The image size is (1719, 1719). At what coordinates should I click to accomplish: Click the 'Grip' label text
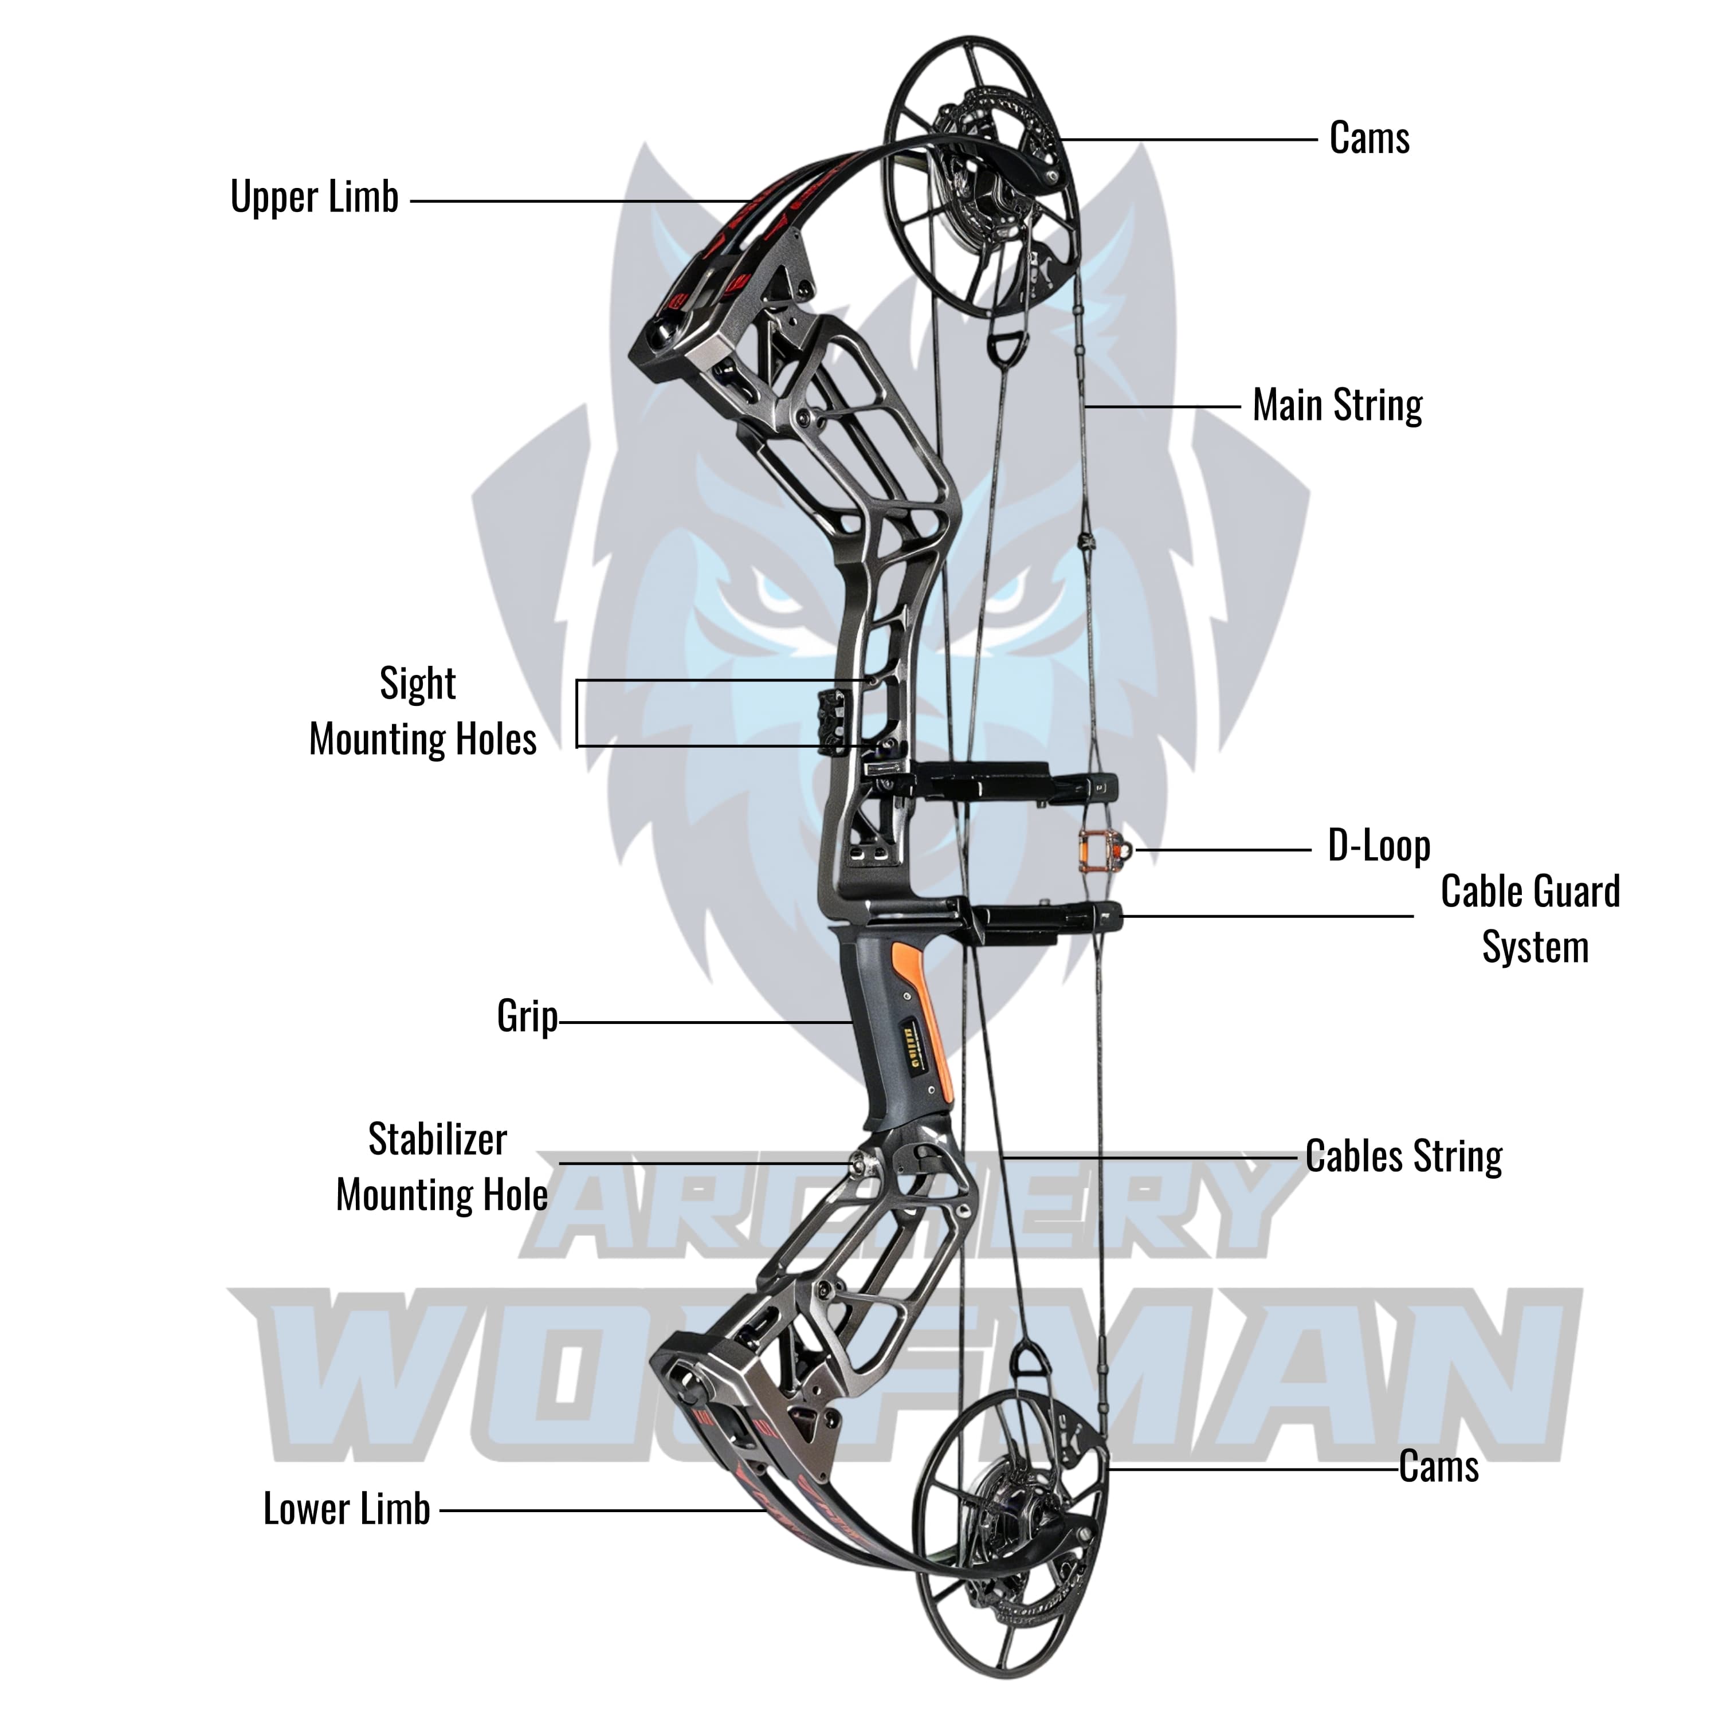(x=527, y=1016)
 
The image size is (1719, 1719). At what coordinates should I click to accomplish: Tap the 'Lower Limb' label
(x=346, y=1508)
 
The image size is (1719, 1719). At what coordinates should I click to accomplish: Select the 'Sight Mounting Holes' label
(x=422, y=712)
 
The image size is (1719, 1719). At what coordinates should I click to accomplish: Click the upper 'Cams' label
(x=1368, y=139)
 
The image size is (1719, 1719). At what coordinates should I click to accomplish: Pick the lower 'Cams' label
(x=1438, y=1466)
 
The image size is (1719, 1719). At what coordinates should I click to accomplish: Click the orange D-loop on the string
(x=1101, y=850)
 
